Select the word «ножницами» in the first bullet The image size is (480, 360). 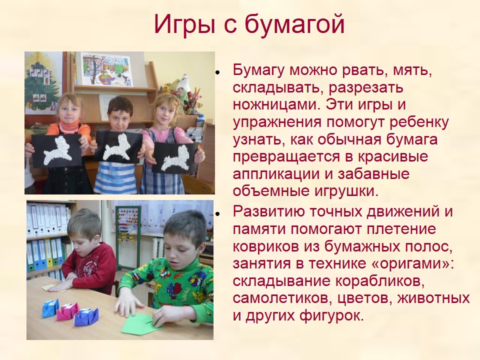(276, 105)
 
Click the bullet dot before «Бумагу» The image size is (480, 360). (217, 72)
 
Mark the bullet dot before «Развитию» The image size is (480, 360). (217, 213)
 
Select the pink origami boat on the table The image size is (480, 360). (68, 312)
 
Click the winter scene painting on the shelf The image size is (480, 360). (107, 69)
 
